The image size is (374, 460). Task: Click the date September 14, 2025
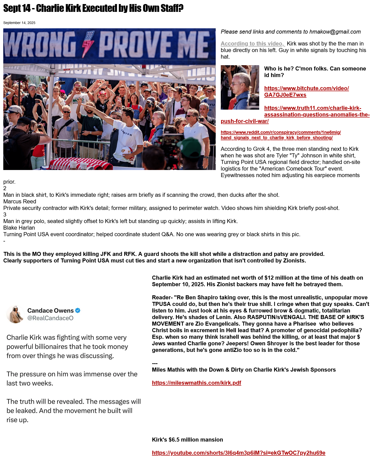coord(19,23)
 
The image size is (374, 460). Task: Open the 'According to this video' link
coord(253,44)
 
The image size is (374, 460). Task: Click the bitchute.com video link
coord(306,91)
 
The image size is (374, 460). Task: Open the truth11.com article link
coord(313,111)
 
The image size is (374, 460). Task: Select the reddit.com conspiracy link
coord(280,135)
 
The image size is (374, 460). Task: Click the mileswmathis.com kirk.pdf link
coord(196,383)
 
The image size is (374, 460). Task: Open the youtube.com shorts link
coord(238,453)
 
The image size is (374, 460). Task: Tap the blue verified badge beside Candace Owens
coord(78,310)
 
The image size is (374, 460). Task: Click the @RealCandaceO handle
coord(50,318)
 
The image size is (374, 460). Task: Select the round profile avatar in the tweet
coord(15,314)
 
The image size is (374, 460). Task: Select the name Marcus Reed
coord(20,202)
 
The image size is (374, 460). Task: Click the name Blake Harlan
coord(19,228)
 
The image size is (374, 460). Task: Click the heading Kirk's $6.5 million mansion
coord(187,440)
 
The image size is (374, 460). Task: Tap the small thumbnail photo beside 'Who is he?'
coord(240,87)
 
